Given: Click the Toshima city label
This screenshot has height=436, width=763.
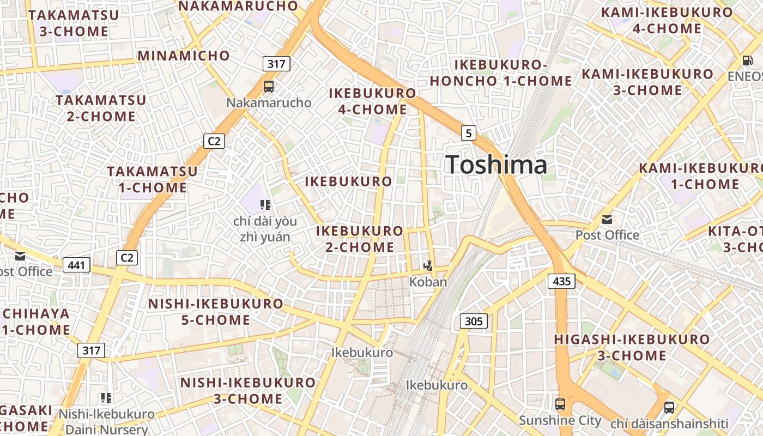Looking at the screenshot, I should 496,165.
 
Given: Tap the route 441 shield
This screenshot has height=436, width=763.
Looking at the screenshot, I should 77,265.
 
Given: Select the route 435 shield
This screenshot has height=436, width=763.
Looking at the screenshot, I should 561,281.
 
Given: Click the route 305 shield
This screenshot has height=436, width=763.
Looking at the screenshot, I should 474,321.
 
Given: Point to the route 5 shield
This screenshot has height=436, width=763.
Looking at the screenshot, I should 469,132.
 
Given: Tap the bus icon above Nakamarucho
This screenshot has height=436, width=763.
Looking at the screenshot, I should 268,86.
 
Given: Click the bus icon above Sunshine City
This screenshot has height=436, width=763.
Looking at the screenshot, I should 560,404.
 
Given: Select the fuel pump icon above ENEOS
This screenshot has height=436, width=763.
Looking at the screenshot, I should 747,60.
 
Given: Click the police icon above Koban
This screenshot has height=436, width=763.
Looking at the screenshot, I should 429,266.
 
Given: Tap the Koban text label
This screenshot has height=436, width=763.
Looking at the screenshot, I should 428,282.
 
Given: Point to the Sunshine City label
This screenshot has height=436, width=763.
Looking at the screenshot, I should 560,421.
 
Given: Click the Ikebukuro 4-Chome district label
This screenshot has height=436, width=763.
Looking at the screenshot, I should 373,101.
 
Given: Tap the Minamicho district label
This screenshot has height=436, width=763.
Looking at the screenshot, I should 184,56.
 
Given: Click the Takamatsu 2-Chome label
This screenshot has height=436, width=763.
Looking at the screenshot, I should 101,108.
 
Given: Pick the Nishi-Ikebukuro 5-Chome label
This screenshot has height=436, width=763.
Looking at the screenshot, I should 216,312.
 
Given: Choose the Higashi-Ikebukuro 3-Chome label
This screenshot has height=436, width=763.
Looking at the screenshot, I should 632,348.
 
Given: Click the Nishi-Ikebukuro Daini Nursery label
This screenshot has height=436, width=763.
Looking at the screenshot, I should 107,421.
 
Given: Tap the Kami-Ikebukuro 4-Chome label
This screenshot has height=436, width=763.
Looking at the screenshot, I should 667,21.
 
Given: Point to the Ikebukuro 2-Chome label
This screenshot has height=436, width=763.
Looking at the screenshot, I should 360,239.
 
